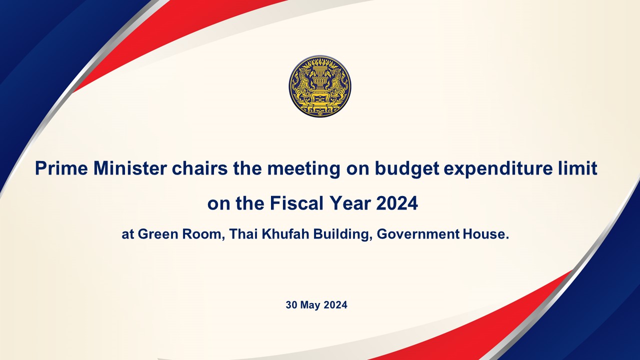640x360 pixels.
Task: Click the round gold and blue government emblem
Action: pyautogui.click(x=319, y=86)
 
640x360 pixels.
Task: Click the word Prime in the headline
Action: pyautogui.click(x=61, y=168)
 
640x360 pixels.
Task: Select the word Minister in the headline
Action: pyautogui.click(x=130, y=168)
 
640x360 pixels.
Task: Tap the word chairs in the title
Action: pyautogui.click(x=199, y=168)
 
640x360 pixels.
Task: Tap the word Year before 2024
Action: pyautogui.click(x=350, y=203)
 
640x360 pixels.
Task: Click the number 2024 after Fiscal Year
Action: pyautogui.click(x=397, y=203)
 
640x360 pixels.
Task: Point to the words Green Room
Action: pyautogui.click(x=179, y=234)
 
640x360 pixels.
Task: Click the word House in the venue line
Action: pyautogui.click(x=484, y=234)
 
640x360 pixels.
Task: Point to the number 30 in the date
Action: pyautogui.click(x=291, y=305)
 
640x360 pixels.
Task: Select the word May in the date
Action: pyautogui.click(x=310, y=305)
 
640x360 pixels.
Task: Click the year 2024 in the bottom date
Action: pyautogui.click(x=335, y=305)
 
